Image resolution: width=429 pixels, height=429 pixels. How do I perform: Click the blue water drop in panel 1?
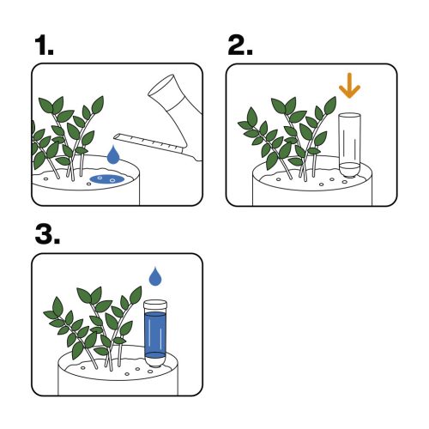pyautogui.click(x=113, y=155)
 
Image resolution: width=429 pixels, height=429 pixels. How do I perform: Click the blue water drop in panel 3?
pyautogui.click(x=155, y=276)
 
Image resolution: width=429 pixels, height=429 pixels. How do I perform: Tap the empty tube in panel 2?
pyautogui.click(x=348, y=142)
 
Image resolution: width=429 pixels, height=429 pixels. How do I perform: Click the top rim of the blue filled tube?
pyautogui.click(x=155, y=302)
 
